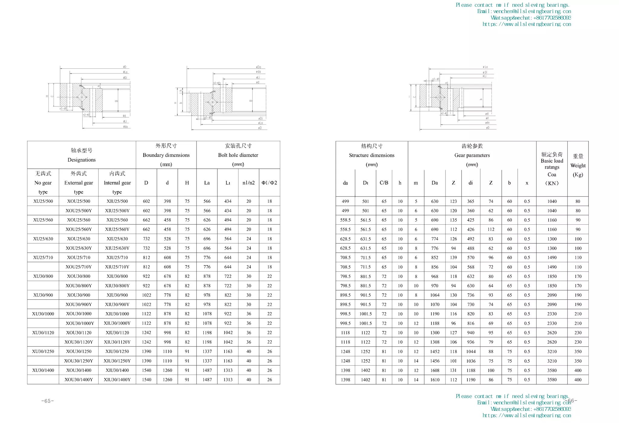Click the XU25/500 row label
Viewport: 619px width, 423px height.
(43, 201)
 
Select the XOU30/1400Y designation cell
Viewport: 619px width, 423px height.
(79, 380)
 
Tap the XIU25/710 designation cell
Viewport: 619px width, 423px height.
(117, 258)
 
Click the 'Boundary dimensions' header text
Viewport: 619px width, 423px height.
(166, 155)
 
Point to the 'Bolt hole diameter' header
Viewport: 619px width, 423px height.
(238, 155)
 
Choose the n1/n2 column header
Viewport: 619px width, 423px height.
(248, 183)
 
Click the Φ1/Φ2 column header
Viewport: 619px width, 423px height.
(269, 183)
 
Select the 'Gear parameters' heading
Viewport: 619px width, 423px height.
(472, 155)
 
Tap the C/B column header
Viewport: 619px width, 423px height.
(384, 183)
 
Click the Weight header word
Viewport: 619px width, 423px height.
(578, 166)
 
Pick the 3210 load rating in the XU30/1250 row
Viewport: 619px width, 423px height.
(552, 352)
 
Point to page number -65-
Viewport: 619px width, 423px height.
(47, 401)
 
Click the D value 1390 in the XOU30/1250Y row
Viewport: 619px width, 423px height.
(146, 361)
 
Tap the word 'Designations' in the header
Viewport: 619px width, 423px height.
(81, 160)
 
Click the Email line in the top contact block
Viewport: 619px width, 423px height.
(524, 11)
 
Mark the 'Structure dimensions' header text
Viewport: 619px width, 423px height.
(371, 155)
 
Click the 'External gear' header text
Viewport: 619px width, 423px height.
(79, 183)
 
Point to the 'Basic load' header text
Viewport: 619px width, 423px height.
(552, 161)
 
